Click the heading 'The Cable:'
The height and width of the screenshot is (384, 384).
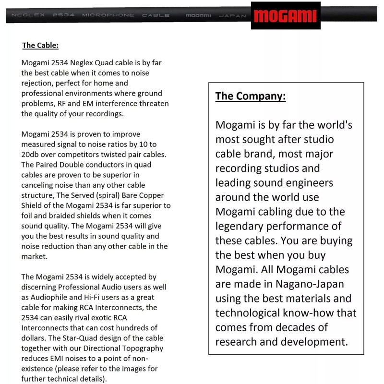coord(40,46)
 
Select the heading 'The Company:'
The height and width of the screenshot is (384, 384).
coord(250,96)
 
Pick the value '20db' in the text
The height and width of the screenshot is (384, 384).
coord(32,155)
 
